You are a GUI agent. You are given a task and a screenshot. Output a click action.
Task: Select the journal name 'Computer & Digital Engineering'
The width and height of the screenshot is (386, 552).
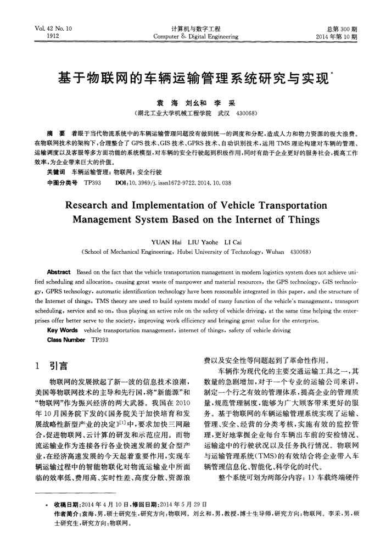point(196,37)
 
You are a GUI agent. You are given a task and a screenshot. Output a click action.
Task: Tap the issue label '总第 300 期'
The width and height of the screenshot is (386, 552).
point(342,29)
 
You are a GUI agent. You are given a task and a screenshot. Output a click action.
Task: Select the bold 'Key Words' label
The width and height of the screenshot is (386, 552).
point(62,332)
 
